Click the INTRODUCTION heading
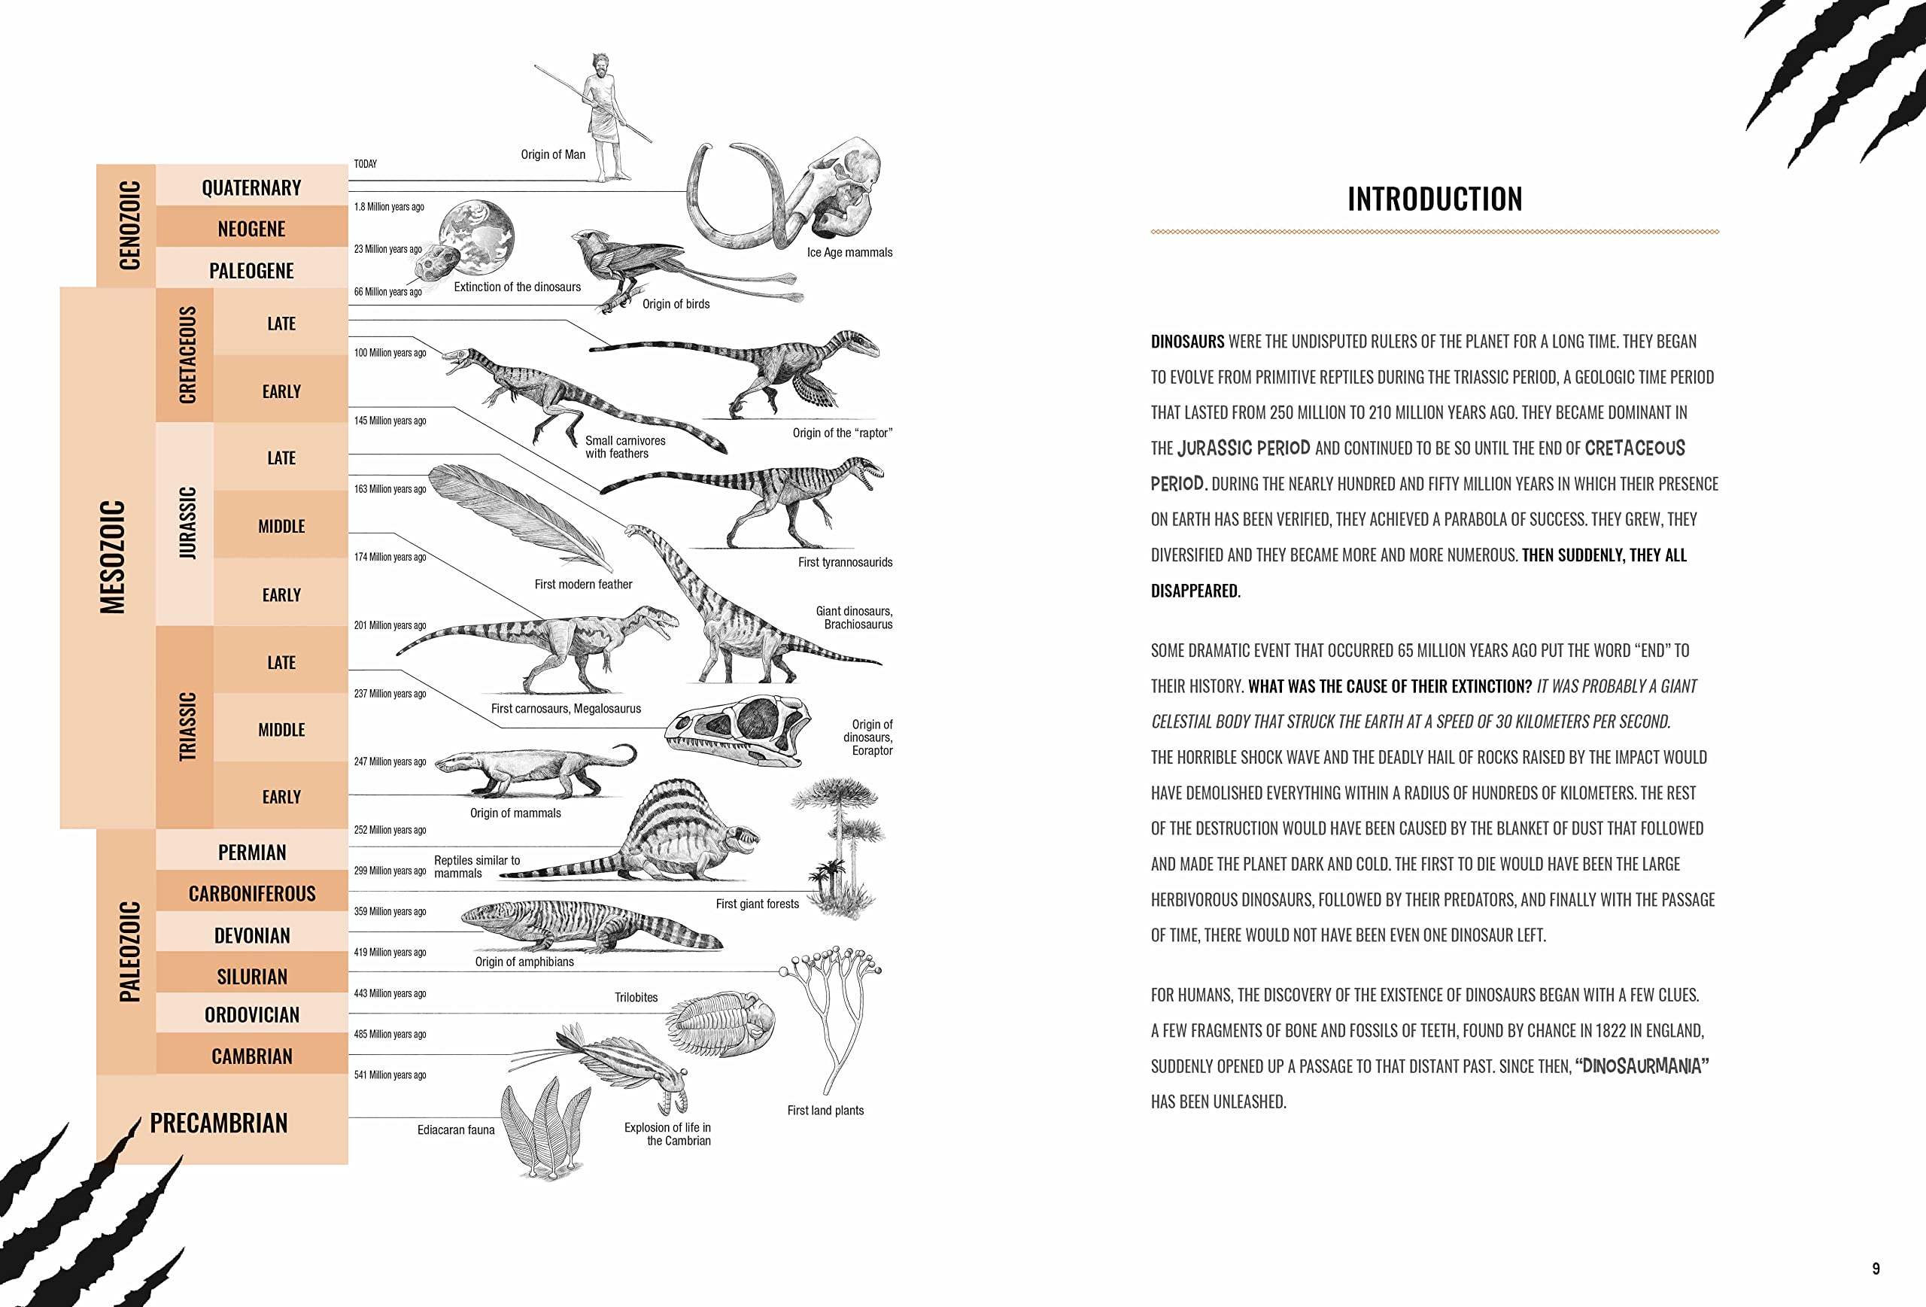[1435, 199]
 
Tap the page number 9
[1876, 1268]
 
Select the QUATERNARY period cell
[251, 187]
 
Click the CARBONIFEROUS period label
[252, 893]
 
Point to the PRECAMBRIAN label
[219, 1123]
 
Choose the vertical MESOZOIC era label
[113, 556]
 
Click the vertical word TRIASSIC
[188, 726]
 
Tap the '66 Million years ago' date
[388, 292]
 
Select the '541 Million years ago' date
[390, 1075]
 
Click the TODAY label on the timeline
[366, 164]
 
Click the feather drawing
[518, 514]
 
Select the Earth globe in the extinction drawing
[478, 238]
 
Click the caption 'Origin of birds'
[676, 304]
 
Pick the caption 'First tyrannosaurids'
[844, 562]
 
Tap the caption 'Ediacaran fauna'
[456, 1129]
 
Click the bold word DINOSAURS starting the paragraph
[1186, 342]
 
